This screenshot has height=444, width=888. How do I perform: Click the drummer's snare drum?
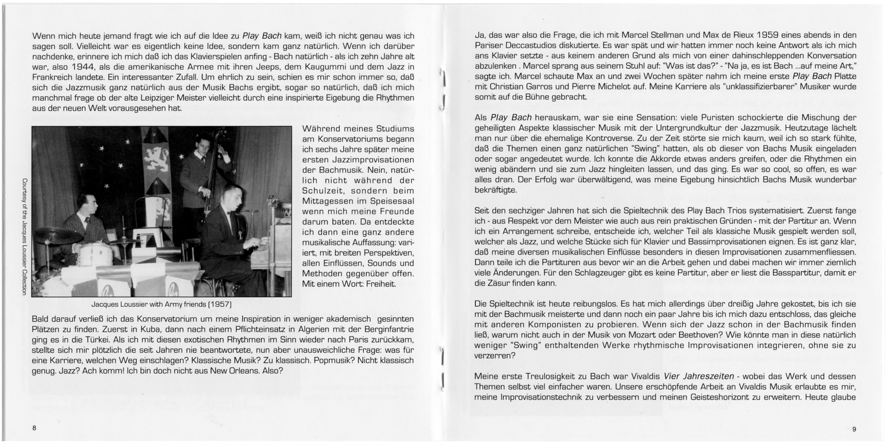coord(92,254)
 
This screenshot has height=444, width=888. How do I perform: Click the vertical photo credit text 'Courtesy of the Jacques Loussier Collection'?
coord(24,236)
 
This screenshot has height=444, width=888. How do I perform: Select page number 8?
coord(34,428)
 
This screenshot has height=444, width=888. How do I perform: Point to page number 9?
coord(854,429)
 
